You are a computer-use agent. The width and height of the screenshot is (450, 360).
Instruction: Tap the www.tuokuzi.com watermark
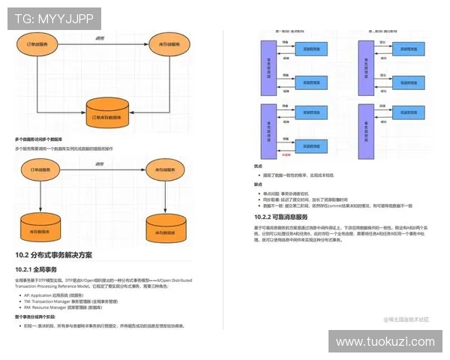pyautogui.click(x=385, y=341)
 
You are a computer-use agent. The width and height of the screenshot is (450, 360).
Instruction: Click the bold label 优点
pyautogui.click(x=258, y=166)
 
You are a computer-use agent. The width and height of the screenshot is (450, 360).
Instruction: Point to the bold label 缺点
pyautogui.click(x=258, y=184)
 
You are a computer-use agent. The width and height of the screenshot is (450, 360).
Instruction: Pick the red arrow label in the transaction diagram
pyautogui.click(x=286, y=153)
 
